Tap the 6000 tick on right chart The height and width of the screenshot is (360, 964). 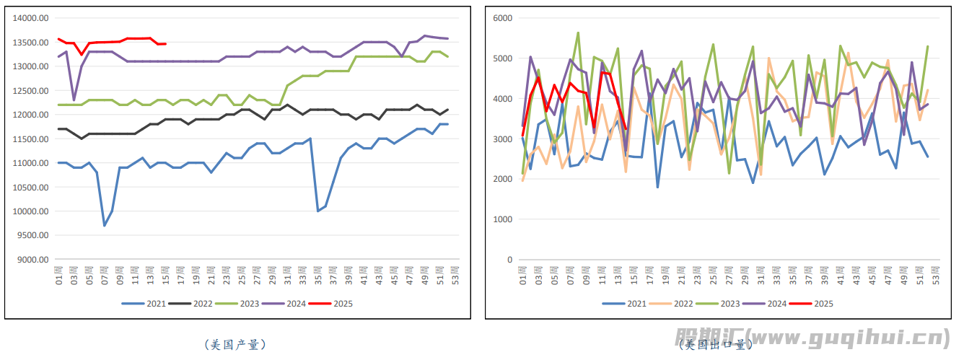point(502,18)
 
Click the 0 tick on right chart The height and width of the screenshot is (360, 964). point(509,260)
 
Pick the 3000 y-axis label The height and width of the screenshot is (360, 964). point(502,139)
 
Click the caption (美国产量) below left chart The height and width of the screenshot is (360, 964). point(235,345)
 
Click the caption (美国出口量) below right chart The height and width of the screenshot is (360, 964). point(714,345)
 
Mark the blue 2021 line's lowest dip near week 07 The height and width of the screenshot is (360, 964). point(105,226)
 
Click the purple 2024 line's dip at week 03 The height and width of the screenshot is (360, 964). point(74,100)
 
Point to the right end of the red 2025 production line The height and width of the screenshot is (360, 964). point(165,44)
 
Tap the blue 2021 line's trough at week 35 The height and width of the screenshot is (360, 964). point(318,211)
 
